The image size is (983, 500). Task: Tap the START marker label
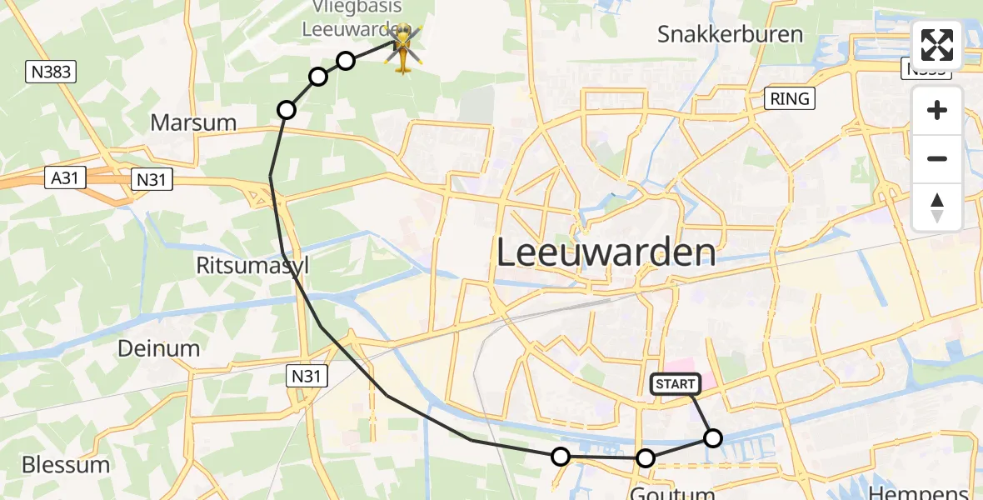675,384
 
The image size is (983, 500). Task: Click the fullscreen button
937,46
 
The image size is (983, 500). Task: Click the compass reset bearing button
937,207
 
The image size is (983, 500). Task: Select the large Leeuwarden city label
606,252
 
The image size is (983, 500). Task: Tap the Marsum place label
193,122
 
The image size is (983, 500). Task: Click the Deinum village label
158,348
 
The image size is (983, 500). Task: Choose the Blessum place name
66,464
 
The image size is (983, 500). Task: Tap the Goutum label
672,492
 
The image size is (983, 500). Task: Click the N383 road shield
52,72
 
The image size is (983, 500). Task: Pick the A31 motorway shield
63,177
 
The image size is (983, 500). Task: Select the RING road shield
789,99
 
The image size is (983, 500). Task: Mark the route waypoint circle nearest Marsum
287,110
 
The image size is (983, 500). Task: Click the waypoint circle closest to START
713,437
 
